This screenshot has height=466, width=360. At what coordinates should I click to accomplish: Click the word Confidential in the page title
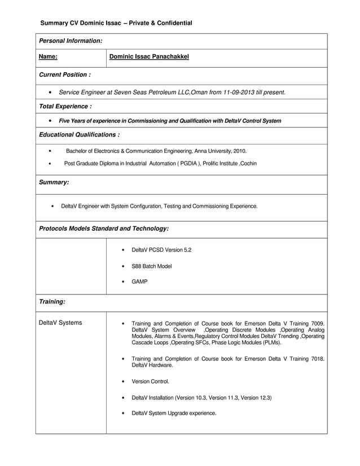click(x=172, y=23)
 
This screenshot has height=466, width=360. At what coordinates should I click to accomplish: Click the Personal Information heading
click(x=70, y=41)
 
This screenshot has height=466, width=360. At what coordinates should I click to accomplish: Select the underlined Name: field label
click(x=48, y=57)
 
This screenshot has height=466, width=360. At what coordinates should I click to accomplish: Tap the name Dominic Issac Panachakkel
click(x=149, y=57)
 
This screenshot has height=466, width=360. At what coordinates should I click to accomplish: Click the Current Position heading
click(x=64, y=75)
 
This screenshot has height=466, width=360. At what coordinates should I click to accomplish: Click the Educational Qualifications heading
click(x=78, y=135)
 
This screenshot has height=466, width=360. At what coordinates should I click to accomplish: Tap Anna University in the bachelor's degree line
click(x=210, y=151)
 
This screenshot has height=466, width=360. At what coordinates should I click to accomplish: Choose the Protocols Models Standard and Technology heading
click(x=103, y=228)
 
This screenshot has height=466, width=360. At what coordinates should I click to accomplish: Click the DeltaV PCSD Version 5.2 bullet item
click(x=161, y=250)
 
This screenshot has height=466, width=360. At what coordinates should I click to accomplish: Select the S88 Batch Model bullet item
click(x=151, y=266)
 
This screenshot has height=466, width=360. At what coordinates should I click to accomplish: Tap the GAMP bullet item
click(x=139, y=282)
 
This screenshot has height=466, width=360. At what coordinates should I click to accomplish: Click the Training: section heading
click(x=52, y=302)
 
